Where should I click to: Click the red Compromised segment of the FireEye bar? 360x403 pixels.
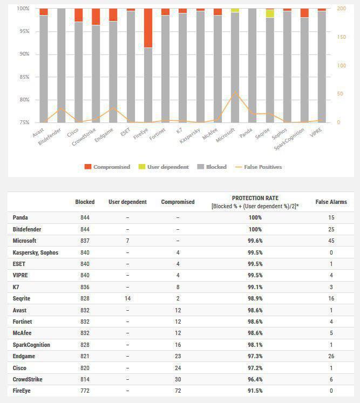pos(148,28)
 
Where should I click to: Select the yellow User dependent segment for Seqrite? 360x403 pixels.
pos(270,13)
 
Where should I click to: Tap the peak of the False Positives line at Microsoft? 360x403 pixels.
pos(235,92)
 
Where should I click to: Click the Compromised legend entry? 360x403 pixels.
pos(107,167)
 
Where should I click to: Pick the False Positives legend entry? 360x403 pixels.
pos(259,167)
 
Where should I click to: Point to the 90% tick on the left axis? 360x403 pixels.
pos(24,54)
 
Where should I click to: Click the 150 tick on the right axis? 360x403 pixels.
pos(342,37)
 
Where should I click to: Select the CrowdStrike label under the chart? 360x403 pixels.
pos(84,136)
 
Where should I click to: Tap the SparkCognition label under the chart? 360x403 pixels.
pos(289,139)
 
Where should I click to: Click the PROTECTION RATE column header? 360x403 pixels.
pos(255,198)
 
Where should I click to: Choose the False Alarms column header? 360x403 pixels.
pos(331,202)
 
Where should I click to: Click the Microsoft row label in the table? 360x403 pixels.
pos(24,241)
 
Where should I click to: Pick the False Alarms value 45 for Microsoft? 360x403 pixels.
pos(331,241)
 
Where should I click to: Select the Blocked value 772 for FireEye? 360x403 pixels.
pos(85,391)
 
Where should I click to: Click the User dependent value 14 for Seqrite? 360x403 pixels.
pos(127,298)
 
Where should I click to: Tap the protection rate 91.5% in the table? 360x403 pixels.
pos(255,391)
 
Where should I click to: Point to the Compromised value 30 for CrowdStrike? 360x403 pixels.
pos(178,379)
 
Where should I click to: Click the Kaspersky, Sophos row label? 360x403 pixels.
pos(36,252)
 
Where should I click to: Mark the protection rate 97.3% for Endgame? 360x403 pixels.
pos(255,356)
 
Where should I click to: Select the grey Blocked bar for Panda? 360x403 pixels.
pos(252,65)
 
